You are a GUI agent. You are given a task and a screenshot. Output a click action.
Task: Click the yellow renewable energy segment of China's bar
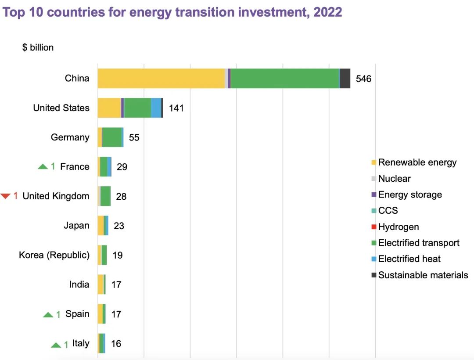pos(161,79)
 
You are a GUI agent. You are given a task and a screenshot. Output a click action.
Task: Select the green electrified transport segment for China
pos(284,79)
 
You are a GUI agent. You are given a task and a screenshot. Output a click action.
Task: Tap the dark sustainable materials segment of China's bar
pos(345,79)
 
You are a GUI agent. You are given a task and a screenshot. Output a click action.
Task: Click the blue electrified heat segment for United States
pos(156,108)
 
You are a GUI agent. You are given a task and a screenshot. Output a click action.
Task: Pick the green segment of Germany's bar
pos(112,137)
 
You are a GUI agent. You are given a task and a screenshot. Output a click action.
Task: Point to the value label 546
pos(363,79)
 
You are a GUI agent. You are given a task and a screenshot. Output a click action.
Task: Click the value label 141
pos(176,108)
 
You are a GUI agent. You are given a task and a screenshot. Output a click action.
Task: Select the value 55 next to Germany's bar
pos(134,138)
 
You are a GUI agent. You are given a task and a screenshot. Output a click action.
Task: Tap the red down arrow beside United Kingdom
pos(5,196)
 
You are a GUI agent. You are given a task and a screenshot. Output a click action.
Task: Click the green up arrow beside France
pos(43,167)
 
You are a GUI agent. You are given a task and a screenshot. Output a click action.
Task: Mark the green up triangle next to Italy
pos(56,345)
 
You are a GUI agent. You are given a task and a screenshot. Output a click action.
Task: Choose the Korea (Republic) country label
pos(54,255)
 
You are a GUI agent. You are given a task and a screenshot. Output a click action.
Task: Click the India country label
pos(79,284)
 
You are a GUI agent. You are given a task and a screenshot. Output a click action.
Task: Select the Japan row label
pos(76,226)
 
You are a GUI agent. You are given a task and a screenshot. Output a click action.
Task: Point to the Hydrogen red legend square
pos(374,227)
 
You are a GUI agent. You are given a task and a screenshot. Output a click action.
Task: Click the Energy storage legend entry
pos(410,194)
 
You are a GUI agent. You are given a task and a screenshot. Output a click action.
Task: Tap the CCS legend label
pos(388,211)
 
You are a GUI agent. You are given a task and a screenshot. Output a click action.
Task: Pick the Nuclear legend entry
pos(394,179)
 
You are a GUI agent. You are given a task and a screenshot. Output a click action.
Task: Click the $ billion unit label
pos(38,47)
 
